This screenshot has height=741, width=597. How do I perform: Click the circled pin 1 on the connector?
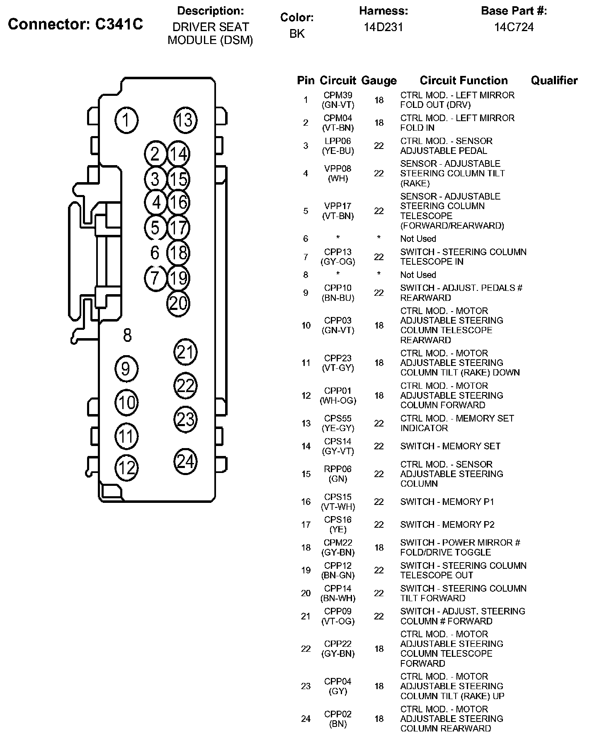pyautogui.click(x=126, y=120)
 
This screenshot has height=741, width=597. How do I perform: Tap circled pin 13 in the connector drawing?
pyautogui.click(x=185, y=120)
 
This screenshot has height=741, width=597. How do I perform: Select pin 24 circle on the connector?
pyautogui.click(x=185, y=461)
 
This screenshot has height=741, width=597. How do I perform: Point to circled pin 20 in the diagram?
pyautogui.click(x=178, y=303)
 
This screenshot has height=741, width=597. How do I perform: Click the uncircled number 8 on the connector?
pyautogui.click(x=127, y=335)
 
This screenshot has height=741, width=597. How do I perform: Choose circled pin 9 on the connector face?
pyautogui.click(x=126, y=368)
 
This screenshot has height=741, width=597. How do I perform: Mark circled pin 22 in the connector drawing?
pyautogui.click(x=185, y=385)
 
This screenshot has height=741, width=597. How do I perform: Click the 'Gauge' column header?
pyautogui.click(x=379, y=81)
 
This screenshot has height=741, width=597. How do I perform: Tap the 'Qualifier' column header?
pyautogui.click(x=554, y=80)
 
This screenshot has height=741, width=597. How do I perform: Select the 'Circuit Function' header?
pyautogui.click(x=464, y=80)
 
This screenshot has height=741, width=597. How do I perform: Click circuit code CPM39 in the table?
pyautogui.click(x=338, y=95)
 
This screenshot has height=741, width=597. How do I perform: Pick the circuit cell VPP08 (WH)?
pyautogui.click(x=338, y=173)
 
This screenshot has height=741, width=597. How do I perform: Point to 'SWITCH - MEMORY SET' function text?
pyautogui.click(x=450, y=446)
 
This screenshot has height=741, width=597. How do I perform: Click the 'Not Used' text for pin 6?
pyautogui.click(x=418, y=239)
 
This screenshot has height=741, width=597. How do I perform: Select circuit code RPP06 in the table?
pyautogui.click(x=338, y=469)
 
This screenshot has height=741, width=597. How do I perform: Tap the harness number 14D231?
pyautogui.click(x=383, y=27)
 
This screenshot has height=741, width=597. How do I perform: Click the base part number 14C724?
pyautogui.click(x=514, y=27)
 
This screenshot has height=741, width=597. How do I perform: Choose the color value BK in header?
pyautogui.click(x=297, y=34)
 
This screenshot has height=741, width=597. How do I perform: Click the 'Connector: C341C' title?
pyautogui.click(x=75, y=24)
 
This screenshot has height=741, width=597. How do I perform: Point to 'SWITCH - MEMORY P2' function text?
pyautogui.click(x=447, y=525)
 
